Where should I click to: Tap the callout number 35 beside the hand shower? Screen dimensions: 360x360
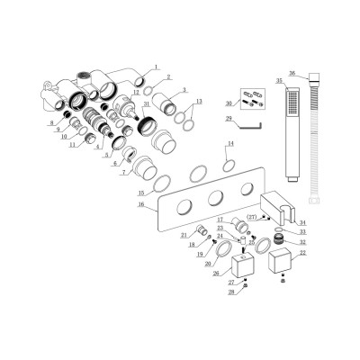(279, 80)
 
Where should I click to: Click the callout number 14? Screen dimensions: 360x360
(230, 144)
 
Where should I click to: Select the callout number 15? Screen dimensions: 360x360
(141, 193)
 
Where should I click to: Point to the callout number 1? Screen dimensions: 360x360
(155, 67)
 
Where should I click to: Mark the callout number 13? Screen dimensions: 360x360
(199, 102)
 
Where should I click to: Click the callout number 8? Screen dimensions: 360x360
(51, 122)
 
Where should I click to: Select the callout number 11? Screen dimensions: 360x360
(73, 145)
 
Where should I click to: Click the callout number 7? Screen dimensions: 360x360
(123, 172)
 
